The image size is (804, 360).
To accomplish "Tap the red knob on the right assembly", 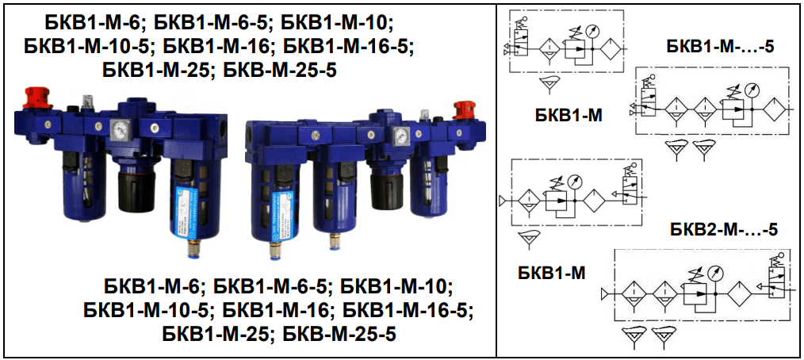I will pyautogui.click(x=464, y=110).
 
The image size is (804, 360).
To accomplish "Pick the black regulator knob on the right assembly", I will pyautogui.click(x=387, y=190).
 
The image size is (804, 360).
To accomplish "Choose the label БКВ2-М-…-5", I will pyautogui.click(x=723, y=230).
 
